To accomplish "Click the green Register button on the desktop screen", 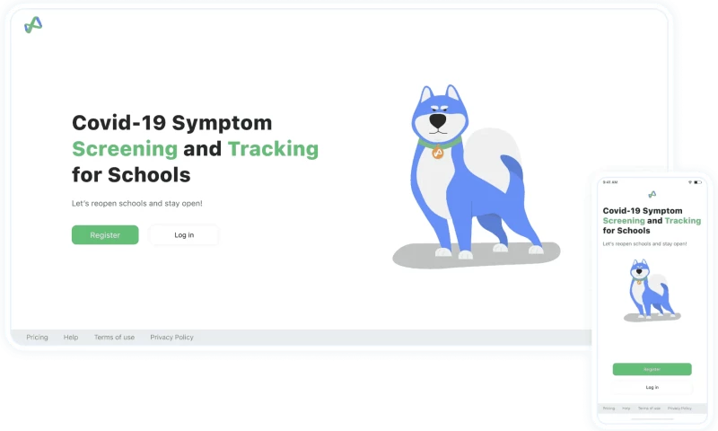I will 105,235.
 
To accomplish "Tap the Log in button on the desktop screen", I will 183,235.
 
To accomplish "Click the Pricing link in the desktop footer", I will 37,338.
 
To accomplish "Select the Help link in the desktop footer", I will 71,338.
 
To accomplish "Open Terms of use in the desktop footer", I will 114,338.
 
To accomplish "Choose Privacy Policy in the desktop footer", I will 171,338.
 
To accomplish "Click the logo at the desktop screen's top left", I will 33,25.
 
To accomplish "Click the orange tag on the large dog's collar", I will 438,153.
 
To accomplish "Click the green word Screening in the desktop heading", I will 125,149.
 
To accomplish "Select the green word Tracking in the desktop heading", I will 273,149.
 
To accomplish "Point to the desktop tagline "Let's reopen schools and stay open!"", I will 137,203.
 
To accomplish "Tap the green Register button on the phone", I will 652,369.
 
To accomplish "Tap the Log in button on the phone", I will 652,387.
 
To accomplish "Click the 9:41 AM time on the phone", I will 610,182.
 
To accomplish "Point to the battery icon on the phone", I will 698,182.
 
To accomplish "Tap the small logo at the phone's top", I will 652,194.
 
